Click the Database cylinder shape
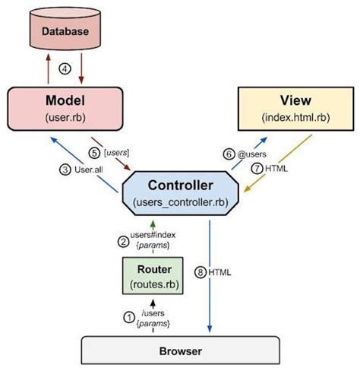point(65,33)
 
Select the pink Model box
point(65,109)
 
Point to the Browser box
point(179,352)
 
